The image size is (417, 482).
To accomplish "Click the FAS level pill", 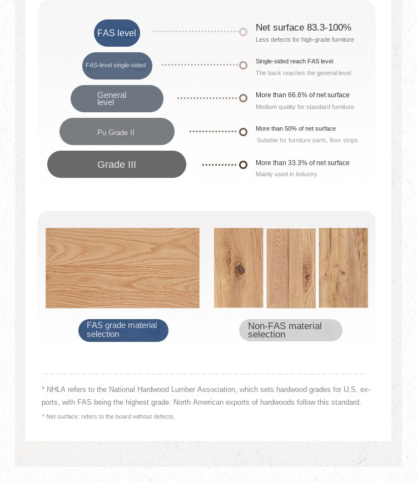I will click(117, 33).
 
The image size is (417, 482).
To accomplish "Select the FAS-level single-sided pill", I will click(117, 66).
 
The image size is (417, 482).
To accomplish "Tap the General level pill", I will click(117, 98).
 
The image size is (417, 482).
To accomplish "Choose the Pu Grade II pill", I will click(117, 132).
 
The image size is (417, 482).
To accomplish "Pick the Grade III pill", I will click(117, 165).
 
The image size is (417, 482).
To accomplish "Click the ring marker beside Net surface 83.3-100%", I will click(243, 32).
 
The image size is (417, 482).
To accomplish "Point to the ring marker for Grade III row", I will click(243, 165).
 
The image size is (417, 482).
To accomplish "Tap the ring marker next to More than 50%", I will click(243, 132).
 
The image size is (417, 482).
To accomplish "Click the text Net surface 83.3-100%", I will click(303, 27).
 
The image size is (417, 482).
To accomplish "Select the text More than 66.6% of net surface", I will click(302, 95).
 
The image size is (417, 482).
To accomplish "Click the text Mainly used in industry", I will click(286, 174).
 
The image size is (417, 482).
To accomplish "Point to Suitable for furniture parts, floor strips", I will click(307, 140).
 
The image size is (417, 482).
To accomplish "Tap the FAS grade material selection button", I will click(123, 330).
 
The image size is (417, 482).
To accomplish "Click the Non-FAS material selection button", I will click(290, 330).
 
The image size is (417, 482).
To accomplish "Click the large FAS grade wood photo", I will click(122, 268).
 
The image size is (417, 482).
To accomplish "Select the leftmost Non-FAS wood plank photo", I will click(239, 267).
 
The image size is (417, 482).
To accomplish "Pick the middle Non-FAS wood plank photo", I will click(291, 268).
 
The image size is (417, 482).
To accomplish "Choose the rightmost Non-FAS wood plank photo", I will click(343, 267).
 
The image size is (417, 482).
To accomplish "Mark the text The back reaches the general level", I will click(303, 73).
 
